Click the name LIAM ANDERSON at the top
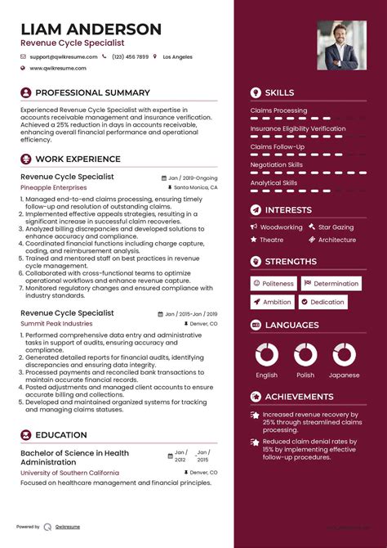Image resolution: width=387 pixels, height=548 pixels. pyautogui.click(x=91, y=29)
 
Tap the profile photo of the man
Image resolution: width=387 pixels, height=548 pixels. pyautogui.click(x=341, y=45)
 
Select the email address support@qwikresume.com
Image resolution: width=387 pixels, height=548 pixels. pyautogui.click(x=63, y=57)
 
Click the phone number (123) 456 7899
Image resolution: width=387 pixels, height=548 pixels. pyautogui.click(x=130, y=57)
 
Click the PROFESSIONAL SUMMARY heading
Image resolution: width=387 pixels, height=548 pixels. pyautogui.click(x=92, y=93)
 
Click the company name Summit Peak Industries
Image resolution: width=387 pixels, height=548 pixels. pyautogui.click(x=56, y=324)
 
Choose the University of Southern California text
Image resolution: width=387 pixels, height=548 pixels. pyautogui.click(x=69, y=473)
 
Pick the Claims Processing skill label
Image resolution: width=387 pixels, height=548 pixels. pyautogui.click(x=278, y=110)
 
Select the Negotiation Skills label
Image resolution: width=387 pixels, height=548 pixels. pyautogui.click(x=276, y=164)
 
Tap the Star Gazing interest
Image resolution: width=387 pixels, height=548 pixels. pyautogui.click(x=336, y=227)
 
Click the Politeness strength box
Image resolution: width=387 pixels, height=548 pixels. pyautogui.click(x=274, y=284)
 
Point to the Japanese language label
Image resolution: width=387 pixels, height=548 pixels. pyautogui.click(x=345, y=375)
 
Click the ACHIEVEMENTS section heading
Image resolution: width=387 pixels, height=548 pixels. pyautogui.click(x=300, y=396)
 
